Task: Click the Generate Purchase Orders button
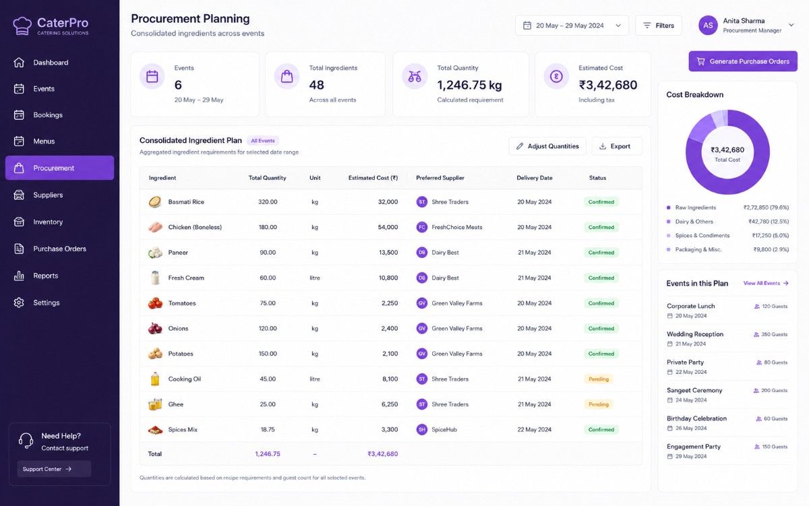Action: coord(742,61)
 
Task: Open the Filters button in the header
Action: coord(659,26)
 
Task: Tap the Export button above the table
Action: coord(617,146)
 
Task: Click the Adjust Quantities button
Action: coord(547,146)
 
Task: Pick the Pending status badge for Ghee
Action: coord(599,404)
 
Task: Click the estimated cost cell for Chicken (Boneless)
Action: coord(388,227)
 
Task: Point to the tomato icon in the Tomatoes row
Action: coord(155,303)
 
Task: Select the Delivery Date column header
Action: coord(534,178)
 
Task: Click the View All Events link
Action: coord(766,283)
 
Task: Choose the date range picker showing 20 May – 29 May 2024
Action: coord(572,26)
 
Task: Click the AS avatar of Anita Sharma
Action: coord(708,25)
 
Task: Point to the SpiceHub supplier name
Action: coord(444,429)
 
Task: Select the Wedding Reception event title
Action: coord(695,334)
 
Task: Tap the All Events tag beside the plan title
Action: coord(262,141)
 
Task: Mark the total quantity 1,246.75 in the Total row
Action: coord(268,453)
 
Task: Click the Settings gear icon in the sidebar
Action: coord(19,303)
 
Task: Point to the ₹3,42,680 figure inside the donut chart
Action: coord(727,150)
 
